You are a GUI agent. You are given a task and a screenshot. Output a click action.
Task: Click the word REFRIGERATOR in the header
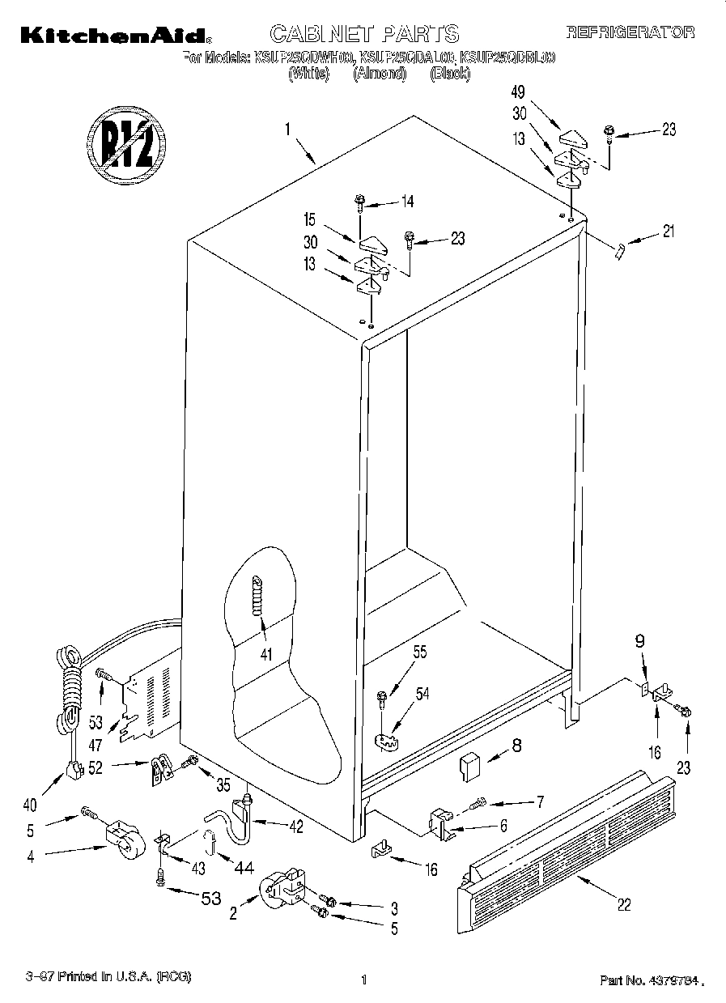630,32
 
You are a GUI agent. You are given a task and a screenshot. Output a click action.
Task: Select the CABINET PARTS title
364,33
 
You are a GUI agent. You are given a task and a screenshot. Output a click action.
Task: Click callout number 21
667,233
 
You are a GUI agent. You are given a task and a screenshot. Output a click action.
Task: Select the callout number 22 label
623,905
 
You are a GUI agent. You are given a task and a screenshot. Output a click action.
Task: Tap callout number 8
515,747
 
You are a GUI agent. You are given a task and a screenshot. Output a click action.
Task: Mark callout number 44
243,868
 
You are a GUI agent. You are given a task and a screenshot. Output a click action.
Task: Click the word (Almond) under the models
379,74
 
